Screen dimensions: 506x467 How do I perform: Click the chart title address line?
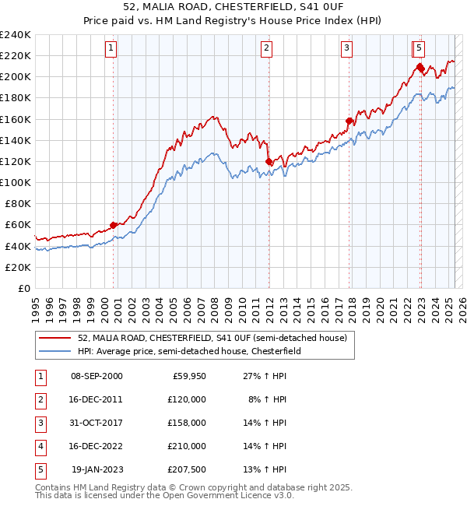click(233, 9)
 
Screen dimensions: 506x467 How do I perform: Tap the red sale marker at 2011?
click(269, 161)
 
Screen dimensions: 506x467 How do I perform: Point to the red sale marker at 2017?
click(349, 121)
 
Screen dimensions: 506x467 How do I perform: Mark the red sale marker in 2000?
click(114, 225)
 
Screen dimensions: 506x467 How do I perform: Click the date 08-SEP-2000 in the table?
click(97, 376)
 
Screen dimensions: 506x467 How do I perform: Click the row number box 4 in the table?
click(39, 446)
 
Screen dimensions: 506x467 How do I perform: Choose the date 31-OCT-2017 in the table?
click(97, 423)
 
